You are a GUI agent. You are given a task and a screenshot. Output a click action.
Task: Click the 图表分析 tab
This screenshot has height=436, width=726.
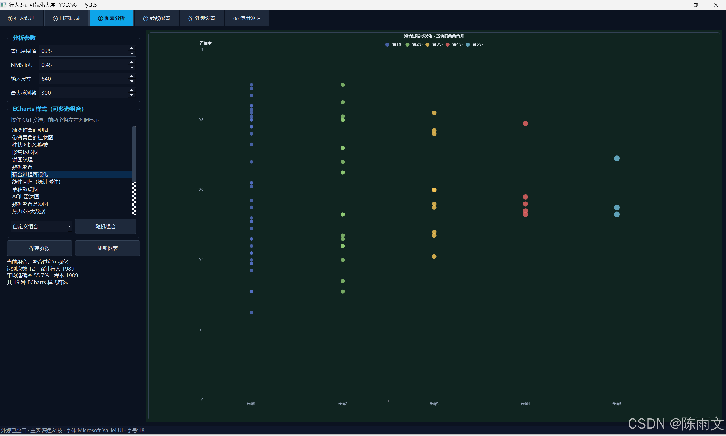[x=112, y=18]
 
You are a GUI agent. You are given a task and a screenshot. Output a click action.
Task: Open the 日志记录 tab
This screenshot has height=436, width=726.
[x=66, y=18]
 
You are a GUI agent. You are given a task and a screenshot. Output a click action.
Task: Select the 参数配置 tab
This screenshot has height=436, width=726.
[x=157, y=18]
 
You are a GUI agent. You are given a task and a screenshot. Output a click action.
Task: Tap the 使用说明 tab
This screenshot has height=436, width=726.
[x=247, y=18]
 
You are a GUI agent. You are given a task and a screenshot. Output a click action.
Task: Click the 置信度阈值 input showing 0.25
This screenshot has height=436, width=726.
[x=84, y=51]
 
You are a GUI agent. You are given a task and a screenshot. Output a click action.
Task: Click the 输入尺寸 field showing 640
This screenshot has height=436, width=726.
[x=84, y=79]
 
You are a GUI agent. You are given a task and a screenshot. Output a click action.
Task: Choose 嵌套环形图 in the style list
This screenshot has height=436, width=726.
[x=25, y=152]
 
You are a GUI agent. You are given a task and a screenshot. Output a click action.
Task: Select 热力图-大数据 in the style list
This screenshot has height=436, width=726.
[x=29, y=211]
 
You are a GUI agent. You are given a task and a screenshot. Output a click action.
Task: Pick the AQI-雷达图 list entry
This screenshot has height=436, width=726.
[x=26, y=197]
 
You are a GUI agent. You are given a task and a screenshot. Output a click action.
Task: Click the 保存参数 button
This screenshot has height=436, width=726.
[x=40, y=248]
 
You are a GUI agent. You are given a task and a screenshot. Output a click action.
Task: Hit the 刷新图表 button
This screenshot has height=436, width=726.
[x=107, y=248]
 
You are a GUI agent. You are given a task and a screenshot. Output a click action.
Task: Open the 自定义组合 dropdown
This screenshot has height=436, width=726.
[x=41, y=227]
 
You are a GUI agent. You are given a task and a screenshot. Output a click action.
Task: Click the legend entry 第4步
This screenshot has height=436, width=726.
[x=454, y=45]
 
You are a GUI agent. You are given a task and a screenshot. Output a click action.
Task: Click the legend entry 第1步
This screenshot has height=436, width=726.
[x=394, y=45]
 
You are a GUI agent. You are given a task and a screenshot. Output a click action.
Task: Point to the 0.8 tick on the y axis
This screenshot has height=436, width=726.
[x=201, y=120]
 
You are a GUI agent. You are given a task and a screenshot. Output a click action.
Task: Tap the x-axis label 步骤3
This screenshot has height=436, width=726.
[x=434, y=404]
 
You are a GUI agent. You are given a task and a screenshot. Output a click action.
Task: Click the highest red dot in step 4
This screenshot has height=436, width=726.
[x=525, y=123]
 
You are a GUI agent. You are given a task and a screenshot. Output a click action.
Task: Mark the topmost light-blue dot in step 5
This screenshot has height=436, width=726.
[x=617, y=159]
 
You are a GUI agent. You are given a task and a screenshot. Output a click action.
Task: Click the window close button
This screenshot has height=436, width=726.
[x=716, y=5]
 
